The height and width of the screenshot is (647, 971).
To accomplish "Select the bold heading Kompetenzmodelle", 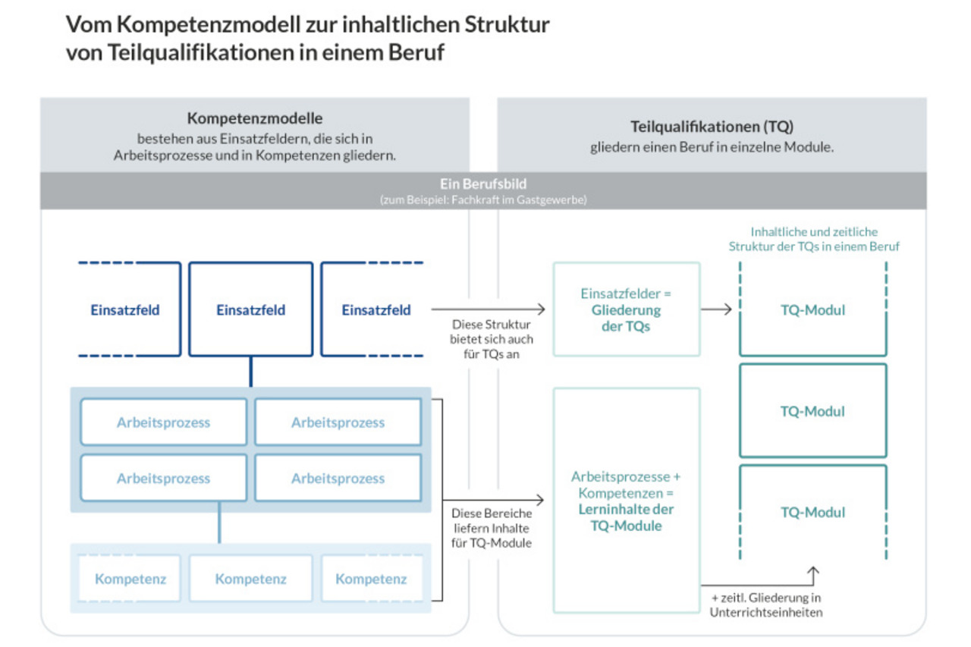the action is coord(255,118).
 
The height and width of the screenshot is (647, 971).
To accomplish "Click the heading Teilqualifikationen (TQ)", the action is coord(712,127).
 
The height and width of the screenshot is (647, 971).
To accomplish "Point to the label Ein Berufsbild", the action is coord(483,184).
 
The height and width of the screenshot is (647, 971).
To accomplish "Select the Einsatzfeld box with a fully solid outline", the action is coord(251,309).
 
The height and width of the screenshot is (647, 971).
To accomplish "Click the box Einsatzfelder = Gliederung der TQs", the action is coord(627,309).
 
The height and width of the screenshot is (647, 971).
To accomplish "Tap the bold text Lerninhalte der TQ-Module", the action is coord(627,517).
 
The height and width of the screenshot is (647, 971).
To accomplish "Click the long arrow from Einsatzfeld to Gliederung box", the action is coord(488,309).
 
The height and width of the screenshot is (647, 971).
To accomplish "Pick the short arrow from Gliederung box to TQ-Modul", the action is coord(716,309).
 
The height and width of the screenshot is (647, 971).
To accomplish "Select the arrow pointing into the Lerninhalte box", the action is coord(493,500).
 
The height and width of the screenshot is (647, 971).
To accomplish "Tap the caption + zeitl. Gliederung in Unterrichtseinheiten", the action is coord(766,605).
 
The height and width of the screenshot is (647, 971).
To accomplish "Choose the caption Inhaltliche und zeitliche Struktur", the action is coord(814,239).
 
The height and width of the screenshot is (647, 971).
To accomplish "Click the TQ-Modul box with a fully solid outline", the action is coord(813,411).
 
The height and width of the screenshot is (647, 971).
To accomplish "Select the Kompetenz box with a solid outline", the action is coord(251,579).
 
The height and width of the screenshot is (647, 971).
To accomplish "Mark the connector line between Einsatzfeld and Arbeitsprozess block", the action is coord(251,372).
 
